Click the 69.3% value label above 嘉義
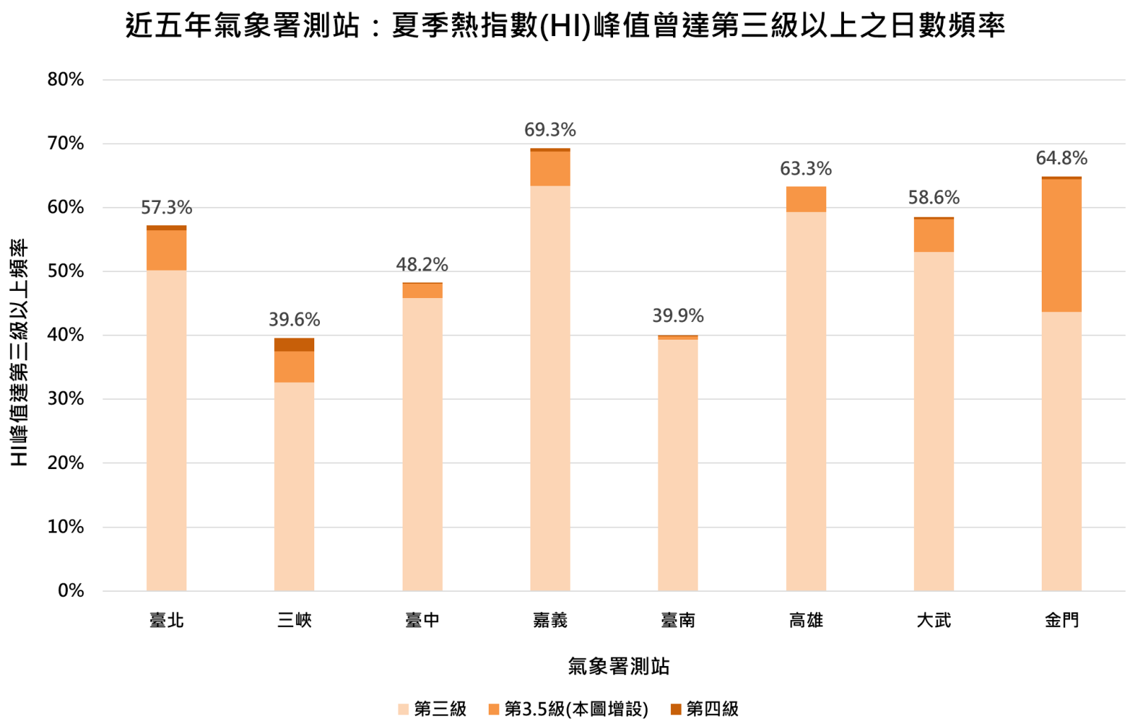pos(549,130)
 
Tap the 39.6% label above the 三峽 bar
pos(294,320)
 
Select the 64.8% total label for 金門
pos(1061,158)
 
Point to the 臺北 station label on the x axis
pos(167,620)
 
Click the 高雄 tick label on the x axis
pos(806,620)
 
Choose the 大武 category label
pos(934,620)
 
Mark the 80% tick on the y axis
pos(66,80)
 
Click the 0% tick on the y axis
pos(71,590)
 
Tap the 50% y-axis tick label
pos(66,271)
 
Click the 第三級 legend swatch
pos(403,709)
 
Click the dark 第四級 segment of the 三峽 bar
pos(294,345)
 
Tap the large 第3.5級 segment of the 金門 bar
pos(1061,245)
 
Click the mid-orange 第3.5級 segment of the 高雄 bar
pos(806,199)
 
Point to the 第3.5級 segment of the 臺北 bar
pos(167,250)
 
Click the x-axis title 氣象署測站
pos(619,666)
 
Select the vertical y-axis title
pos(19,352)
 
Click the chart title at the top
pos(565,26)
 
